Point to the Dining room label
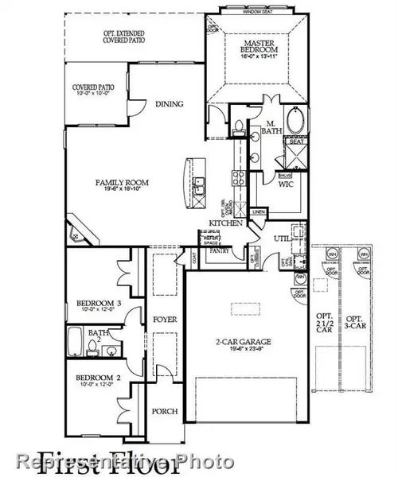pos(170,104)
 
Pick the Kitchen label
pos(220,223)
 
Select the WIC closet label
pos(287,184)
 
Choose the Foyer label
pos(165,319)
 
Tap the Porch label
pos(165,411)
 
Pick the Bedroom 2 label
pos(99,378)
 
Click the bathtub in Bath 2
pos(74,344)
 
